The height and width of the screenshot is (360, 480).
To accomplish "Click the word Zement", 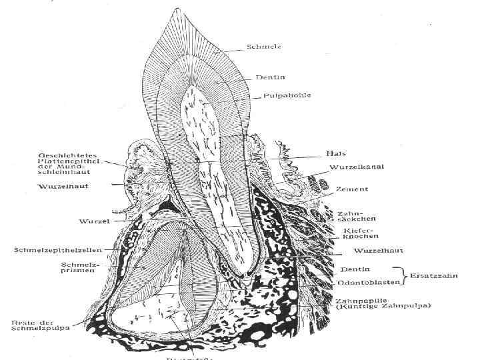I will coord(352,189).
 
